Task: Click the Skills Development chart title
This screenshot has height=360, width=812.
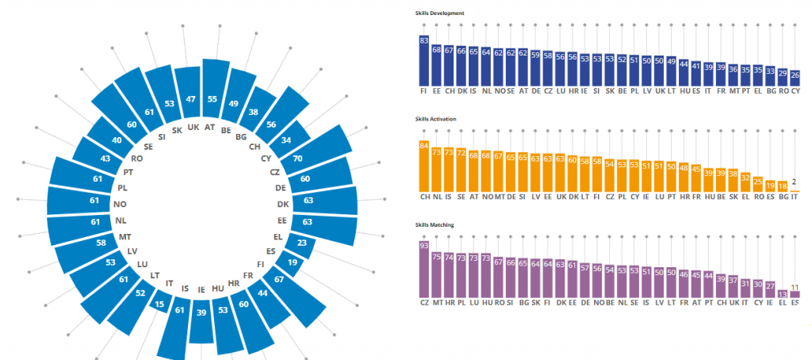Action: click(439, 13)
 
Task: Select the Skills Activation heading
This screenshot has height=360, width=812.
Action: click(437, 119)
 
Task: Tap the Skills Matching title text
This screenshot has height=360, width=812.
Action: click(436, 225)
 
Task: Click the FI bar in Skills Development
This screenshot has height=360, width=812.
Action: click(424, 60)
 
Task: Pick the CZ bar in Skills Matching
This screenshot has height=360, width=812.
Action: click(424, 270)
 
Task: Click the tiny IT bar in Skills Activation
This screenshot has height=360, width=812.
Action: click(795, 190)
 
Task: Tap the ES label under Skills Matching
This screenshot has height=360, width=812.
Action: click(795, 303)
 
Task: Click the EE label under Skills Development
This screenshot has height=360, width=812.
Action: click(437, 91)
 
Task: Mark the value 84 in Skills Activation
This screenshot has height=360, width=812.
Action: click(424, 145)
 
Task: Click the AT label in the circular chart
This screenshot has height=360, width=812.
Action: click(210, 126)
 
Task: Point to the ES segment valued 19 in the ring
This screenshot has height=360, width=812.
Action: click(293, 262)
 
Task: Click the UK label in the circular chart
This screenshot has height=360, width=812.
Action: click(192, 127)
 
